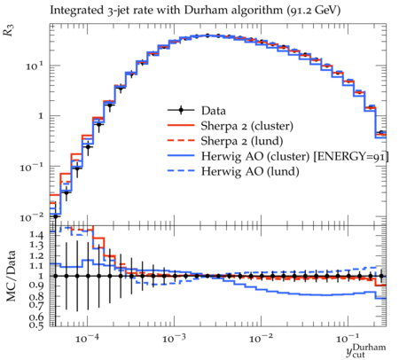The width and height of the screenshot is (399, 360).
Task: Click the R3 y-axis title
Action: coord(8,30)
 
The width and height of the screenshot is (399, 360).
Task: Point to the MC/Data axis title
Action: coord(11,276)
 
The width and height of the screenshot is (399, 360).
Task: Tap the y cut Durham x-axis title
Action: coord(366,350)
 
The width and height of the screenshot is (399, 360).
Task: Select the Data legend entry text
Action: coord(214,111)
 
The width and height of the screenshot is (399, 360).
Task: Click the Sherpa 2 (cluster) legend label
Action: coord(247,126)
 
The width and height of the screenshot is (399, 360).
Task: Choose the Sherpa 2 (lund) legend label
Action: coord(242,141)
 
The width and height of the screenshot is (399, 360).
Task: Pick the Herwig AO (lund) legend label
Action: coord(250,171)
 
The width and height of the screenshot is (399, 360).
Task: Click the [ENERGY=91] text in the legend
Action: coord(351,156)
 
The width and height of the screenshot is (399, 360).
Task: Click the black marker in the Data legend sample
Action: coord(181,110)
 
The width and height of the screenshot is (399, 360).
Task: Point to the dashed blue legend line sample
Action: coord(181,170)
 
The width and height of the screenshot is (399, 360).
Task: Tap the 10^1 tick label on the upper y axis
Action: coord(35,66)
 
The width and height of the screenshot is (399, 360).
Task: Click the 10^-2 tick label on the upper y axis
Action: coord(31,218)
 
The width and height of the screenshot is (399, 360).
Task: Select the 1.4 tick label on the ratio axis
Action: coord(36,235)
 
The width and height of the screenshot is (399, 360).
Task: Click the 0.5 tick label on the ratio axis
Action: coord(36,325)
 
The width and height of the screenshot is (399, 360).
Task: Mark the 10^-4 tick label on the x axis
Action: coord(87,339)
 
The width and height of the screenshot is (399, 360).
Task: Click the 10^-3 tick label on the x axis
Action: coord(174,339)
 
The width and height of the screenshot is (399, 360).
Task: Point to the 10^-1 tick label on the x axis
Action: coord(348,339)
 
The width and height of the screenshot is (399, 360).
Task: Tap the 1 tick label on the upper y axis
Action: coord(41,116)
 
